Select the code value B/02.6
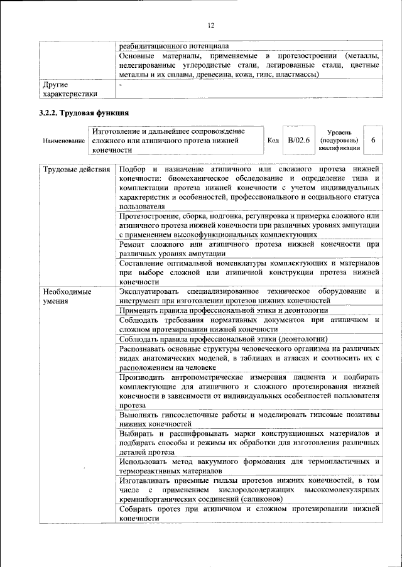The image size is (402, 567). [x=299, y=140]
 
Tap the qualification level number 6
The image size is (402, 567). [x=373, y=140]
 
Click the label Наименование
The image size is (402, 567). [x=64, y=141]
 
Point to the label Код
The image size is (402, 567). [x=273, y=141]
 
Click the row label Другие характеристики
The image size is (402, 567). [x=69, y=89]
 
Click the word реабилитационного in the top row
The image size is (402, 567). [x=155, y=46]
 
